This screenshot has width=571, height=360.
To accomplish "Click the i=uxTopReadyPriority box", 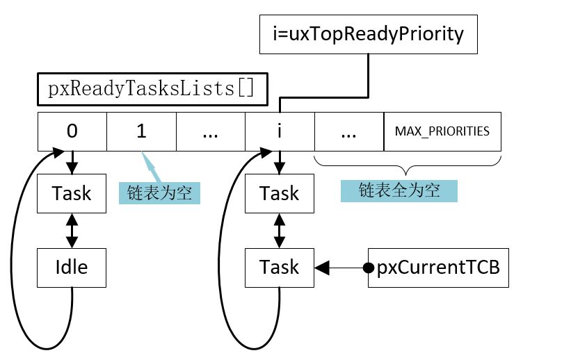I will point(368,33).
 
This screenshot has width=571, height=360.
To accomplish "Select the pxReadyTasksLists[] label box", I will point(152,89).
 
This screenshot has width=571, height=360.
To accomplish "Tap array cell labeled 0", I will point(72,131).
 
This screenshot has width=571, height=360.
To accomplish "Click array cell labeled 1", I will point(141,131).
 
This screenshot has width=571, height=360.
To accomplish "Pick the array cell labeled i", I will point(280,131).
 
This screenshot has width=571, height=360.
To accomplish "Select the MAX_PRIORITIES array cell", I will point(442,131).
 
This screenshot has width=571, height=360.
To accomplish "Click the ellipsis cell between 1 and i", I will point(210,131).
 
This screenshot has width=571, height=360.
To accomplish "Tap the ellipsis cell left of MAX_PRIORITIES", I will point(349,131).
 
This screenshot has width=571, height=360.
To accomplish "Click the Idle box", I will point(72,267).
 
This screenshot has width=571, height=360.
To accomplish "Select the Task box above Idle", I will point(72,193).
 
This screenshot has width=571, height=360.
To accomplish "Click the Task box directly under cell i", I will point(280,193).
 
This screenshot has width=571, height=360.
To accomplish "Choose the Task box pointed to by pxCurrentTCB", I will point(280,267).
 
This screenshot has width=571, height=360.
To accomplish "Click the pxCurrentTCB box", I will point(438,267).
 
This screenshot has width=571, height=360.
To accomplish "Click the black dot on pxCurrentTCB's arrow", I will point(369,267).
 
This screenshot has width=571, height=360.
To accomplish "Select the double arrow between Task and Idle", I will point(72,230).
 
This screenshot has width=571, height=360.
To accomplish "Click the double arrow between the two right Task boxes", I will point(280,230).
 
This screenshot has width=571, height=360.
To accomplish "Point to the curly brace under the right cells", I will point(408,167).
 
